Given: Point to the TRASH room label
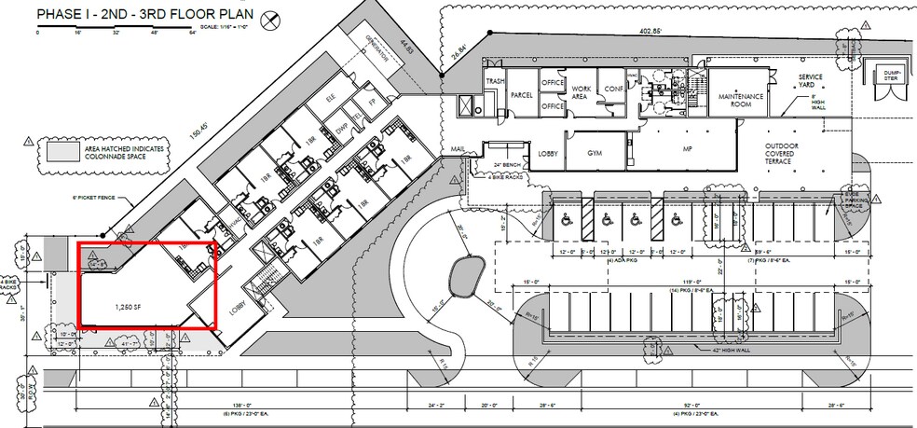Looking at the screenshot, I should coord(494,82).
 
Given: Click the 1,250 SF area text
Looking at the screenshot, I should coord(129,306).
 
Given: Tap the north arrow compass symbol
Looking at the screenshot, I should coord(271,20).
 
